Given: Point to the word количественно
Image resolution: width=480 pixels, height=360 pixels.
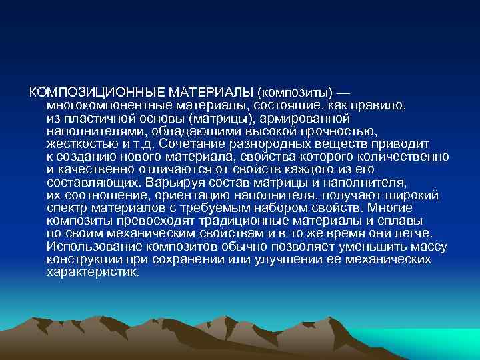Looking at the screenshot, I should point(409,156).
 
